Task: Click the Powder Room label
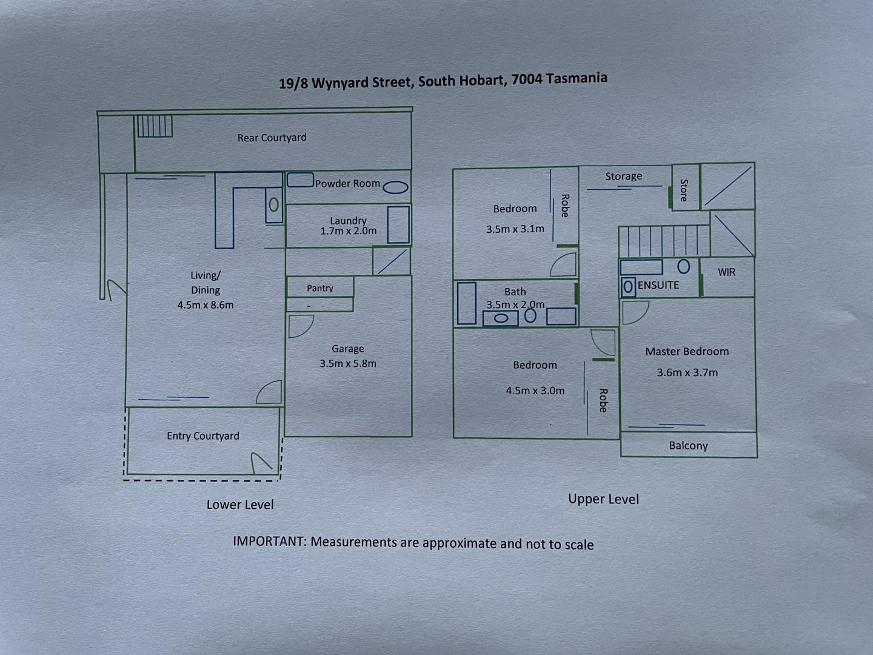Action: pyautogui.click(x=347, y=183)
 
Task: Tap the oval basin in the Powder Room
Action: pyautogui.click(x=395, y=187)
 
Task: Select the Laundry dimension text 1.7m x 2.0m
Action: pyautogui.click(x=348, y=231)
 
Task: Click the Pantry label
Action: pyautogui.click(x=320, y=288)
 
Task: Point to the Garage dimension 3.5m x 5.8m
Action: pyautogui.click(x=348, y=364)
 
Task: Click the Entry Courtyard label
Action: pyautogui.click(x=203, y=436)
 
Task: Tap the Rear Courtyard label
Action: pyautogui.click(x=272, y=138)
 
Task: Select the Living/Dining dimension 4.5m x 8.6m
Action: pyautogui.click(x=206, y=305)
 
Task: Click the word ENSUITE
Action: pyautogui.click(x=658, y=285)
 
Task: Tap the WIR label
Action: pyautogui.click(x=726, y=272)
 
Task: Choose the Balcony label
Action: pyautogui.click(x=688, y=446)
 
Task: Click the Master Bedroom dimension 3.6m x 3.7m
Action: pyautogui.click(x=687, y=372)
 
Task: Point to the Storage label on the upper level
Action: pyautogui.click(x=623, y=176)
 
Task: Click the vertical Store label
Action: pyautogui.click(x=684, y=190)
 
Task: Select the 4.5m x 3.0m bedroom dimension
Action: pyautogui.click(x=535, y=391)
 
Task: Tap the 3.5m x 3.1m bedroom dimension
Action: pyautogui.click(x=515, y=229)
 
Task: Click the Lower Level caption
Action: pyautogui.click(x=240, y=505)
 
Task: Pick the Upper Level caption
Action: pyautogui.click(x=603, y=499)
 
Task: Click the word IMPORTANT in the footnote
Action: pyautogui.click(x=269, y=541)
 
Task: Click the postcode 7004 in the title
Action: pyautogui.click(x=526, y=79)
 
